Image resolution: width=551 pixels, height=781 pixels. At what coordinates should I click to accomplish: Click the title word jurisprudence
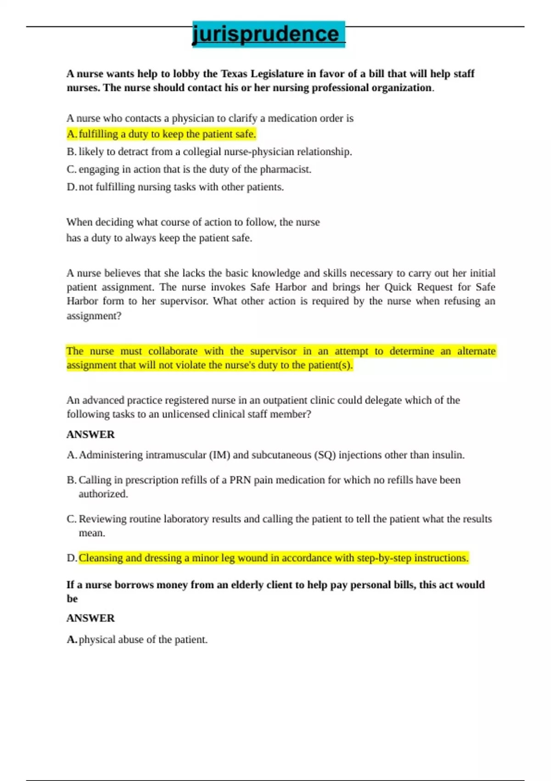pyautogui.click(x=265, y=34)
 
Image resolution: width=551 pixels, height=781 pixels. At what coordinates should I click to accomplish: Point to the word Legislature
pyautogui.click(x=277, y=74)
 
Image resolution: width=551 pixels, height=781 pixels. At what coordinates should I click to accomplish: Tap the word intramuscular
pyautogui.click(x=176, y=455)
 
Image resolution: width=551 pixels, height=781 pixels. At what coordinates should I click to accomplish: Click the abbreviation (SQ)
pyautogui.click(x=325, y=455)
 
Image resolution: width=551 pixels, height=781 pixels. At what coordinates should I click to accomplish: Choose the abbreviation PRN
pyautogui.click(x=240, y=480)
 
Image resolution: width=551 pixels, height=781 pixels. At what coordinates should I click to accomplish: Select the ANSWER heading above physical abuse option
pyautogui.click(x=90, y=618)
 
